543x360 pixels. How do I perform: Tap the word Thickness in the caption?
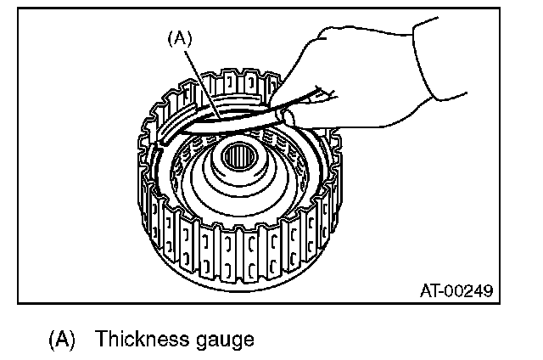click(x=139, y=340)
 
